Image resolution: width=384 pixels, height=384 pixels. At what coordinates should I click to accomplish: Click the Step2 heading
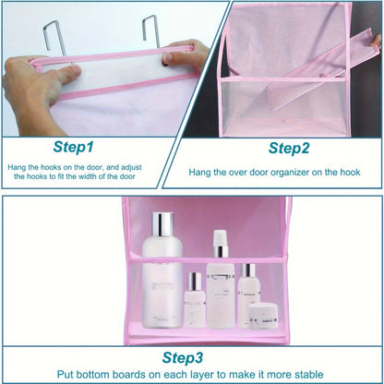[289, 148]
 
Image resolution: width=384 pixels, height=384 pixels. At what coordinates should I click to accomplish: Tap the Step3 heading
[192, 356]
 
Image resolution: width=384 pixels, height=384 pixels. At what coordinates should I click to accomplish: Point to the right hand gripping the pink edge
[185, 57]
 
